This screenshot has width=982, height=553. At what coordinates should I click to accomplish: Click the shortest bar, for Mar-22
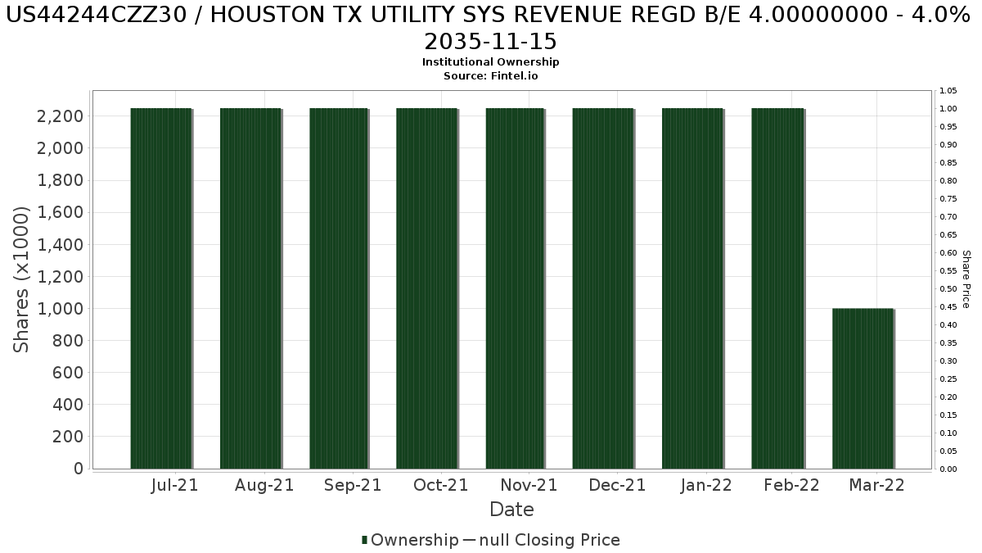(x=863, y=388)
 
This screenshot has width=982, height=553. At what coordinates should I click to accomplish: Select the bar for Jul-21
(x=161, y=288)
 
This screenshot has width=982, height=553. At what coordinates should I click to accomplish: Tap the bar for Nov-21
(x=515, y=288)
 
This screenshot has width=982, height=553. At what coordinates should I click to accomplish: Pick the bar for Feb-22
(x=777, y=288)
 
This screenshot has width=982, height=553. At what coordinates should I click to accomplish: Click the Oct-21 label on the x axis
(x=440, y=485)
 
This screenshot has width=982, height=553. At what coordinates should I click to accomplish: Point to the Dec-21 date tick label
(x=617, y=485)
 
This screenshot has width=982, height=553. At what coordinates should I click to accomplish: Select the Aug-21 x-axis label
(x=264, y=485)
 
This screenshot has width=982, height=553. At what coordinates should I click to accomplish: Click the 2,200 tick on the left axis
(x=60, y=116)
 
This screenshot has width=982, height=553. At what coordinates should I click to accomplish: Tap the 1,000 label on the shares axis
(x=60, y=309)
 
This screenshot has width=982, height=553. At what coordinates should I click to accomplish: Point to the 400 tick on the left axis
(x=68, y=405)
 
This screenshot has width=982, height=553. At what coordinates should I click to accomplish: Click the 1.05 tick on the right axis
(x=948, y=91)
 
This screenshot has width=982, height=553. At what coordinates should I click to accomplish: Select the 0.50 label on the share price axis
(x=948, y=288)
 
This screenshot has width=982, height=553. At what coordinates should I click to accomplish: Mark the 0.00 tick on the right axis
(x=948, y=469)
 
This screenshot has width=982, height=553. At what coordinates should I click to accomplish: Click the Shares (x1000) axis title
(x=20, y=279)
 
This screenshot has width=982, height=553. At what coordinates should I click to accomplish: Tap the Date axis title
(x=511, y=510)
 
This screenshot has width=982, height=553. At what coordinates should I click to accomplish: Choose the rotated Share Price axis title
(x=966, y=279)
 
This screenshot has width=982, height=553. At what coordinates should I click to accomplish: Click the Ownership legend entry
(x=410, y=540)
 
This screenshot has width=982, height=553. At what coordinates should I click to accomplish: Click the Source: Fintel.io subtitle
(x=490, y=76)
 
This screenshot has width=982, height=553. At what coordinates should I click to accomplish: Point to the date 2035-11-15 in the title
(x=490, y=42)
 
